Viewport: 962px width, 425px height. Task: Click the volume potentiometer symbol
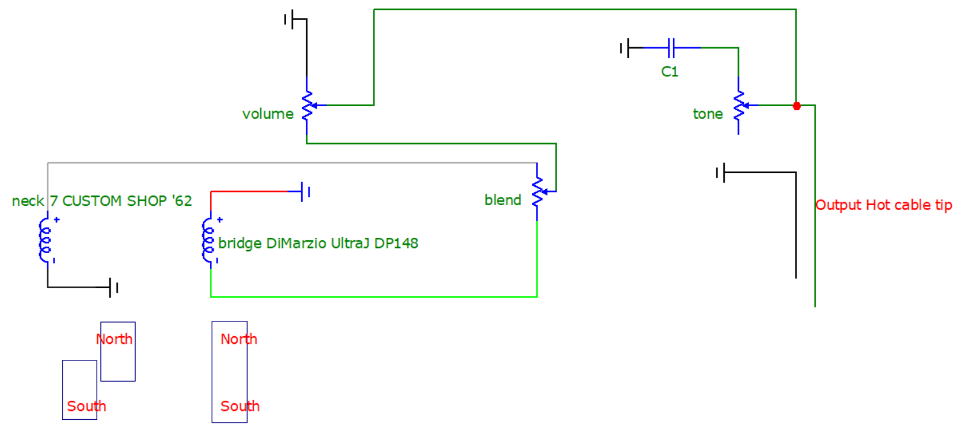point(307,105)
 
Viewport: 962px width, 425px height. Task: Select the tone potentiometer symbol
point(739,105)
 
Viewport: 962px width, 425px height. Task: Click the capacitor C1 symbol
point(672,48)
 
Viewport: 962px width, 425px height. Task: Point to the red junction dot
point(797,105)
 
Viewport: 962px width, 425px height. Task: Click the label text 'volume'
point(268,114)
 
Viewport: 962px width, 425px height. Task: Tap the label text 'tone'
point(708,114)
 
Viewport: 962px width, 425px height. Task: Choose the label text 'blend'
point(503,200)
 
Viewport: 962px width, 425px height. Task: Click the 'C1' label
point(670,72)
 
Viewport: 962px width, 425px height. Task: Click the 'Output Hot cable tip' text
point(884,205)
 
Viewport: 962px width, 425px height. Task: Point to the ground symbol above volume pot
point(296,19)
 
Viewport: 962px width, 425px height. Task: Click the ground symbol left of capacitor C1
point(631,48)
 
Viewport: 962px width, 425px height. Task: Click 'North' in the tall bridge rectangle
point(239,339)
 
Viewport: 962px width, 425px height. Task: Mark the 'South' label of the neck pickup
point(86,406)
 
